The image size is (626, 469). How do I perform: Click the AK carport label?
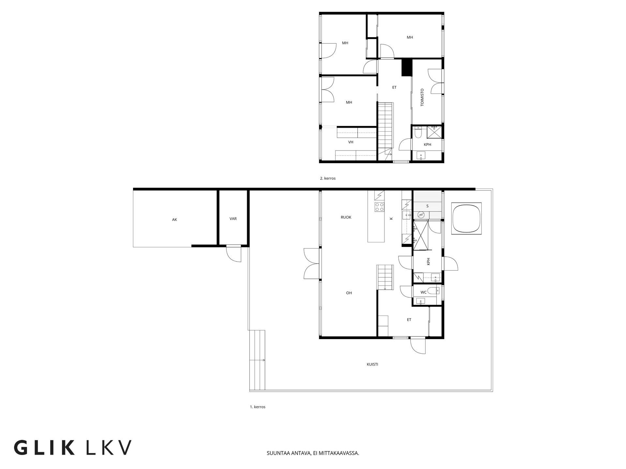pyautogui.click(x=174, y=220)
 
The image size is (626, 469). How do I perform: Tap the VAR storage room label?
pyautogui.click(x=233, y=219)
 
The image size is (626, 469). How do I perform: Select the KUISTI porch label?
pyautogui.click(x=372, y=364)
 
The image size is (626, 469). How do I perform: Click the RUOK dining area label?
pyautogui.click(x=346, y=217)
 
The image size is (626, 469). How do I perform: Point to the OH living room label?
pyautogui.click(x=349, y=293)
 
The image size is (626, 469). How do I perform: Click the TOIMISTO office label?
pyautogui.click(x=422, y=97)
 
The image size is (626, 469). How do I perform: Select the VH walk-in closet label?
pyautogui.click(x=351, y=142)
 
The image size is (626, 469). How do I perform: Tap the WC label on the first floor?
pyautogui.click(x=424, y=292)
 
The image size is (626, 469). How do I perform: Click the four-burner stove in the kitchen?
pyautogui.click(x=379, y=207)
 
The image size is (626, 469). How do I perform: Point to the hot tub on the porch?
pyautogui.click(x=466, y=218)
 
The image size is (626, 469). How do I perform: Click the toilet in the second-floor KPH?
pyautogui.click(x=418, y=133)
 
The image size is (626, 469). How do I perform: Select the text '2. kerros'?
pyautogui.click(x=328, y=178)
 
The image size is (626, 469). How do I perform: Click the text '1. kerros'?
pyautogui.click(x=258, y=407)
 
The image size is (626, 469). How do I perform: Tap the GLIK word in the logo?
pyautogui.click(x=44, y=448)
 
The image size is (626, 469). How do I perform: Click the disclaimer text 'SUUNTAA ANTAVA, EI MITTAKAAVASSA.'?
pyautogui.click(x=313, y=453)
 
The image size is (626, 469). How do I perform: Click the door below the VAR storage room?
pyautogui.click(x=234, y=254)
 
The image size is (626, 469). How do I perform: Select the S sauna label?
pyautogui.click(x=427, y=206)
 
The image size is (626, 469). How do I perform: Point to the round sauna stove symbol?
pyautogui.click(x=421, y=215)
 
